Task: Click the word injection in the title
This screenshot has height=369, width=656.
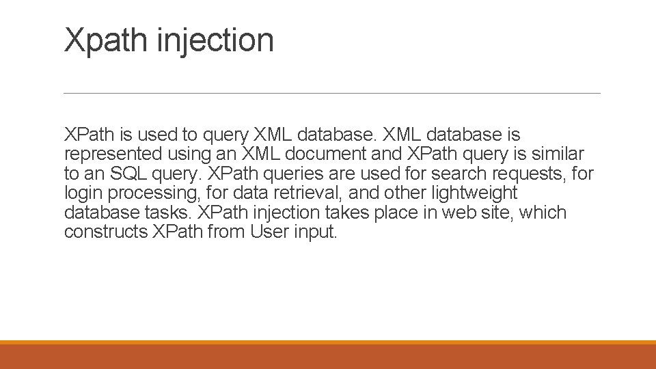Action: point(215,40)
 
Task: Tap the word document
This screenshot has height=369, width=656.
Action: point(327,154)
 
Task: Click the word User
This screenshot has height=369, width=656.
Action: point(270,232)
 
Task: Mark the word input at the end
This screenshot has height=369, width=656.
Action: point(316,232)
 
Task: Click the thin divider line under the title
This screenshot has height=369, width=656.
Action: point(331,93)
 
